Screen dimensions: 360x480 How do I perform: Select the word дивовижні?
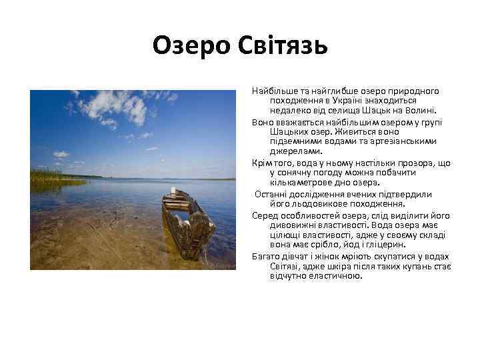tap(292, 225)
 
